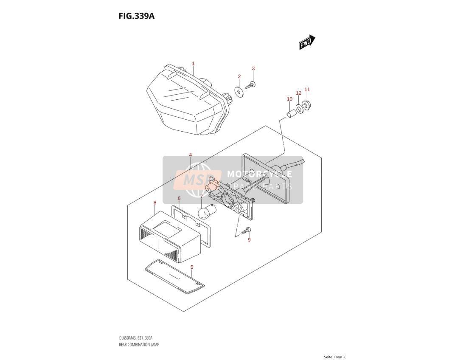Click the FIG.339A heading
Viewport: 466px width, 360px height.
click(137, 16)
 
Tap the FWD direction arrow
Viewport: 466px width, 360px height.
click(307, 42)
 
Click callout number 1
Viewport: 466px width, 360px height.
click(193, 63)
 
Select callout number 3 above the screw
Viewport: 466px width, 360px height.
click(253, 68)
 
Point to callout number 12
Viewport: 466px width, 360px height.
click(299, 93)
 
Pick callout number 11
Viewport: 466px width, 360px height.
click(307, 89)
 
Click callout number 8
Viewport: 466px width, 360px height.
click(155, 202)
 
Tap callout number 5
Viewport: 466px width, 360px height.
click(192, 267)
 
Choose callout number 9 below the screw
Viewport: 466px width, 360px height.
click(249, 239)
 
